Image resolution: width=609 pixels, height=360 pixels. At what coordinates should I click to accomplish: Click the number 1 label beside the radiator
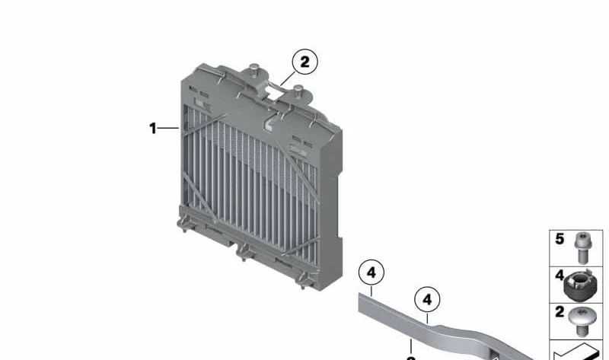click(152, 129)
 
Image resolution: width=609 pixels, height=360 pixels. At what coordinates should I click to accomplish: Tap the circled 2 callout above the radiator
click(304, 62)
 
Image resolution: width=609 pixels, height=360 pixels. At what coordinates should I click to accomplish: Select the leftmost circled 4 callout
click(371, 272)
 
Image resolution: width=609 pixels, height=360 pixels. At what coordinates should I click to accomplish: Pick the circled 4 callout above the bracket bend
click(427, 300)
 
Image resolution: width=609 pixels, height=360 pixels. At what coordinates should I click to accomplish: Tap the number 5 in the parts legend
click(560, 239)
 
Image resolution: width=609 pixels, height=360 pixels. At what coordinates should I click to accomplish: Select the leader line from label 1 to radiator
click(169, 129)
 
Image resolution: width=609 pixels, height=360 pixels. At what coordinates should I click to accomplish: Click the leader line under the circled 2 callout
click(285, 77)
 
